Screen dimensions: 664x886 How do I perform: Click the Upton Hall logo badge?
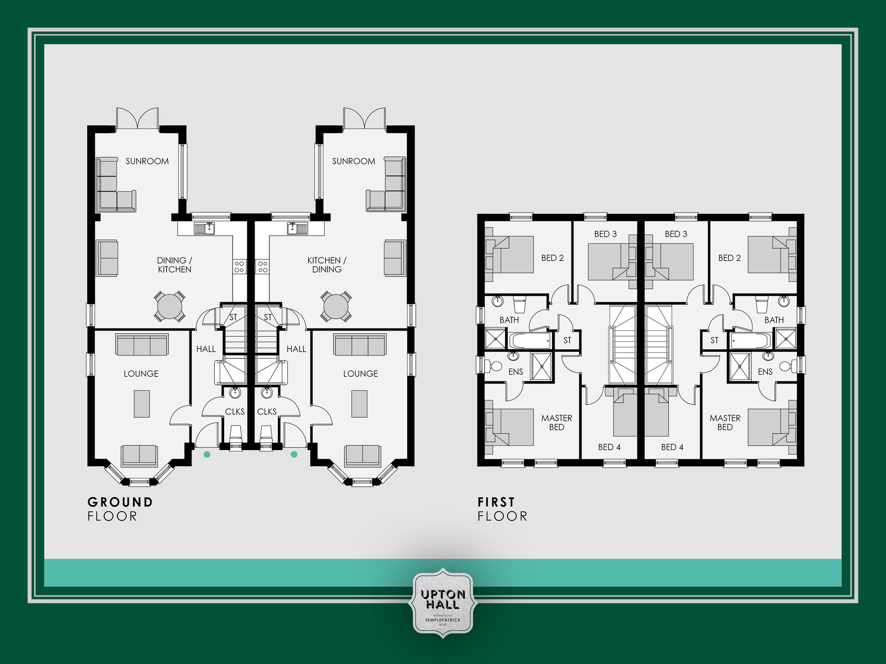click(443, 603)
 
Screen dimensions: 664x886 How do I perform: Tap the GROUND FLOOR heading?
click(120, 509)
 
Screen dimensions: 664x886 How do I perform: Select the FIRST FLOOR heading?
click(502, 509)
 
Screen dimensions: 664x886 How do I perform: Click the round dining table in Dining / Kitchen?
click(170, 306)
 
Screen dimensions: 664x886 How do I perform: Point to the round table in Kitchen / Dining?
click(336, 306)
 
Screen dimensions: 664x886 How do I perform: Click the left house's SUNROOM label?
click(147, 161)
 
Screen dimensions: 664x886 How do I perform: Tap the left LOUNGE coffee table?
click(142, 404)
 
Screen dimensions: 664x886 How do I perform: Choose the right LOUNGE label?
click(361, 374)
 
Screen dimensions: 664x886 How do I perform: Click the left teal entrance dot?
click(207, 454)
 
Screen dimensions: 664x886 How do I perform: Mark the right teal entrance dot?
click(294, 454)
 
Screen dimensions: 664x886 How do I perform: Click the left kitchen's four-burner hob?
click(239, 267)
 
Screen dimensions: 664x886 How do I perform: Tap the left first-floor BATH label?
click(509, 320)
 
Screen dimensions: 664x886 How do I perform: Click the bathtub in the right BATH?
click(750, 341)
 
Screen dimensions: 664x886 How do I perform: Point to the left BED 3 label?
click(605, 234)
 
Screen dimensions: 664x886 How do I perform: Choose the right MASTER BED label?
click(725, 423)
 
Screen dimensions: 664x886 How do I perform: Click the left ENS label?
click(516, 372)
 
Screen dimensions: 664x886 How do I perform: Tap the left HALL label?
click(206, 349)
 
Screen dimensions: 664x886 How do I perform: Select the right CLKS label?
click(267, 412)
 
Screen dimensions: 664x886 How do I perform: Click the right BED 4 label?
click(672, 447)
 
